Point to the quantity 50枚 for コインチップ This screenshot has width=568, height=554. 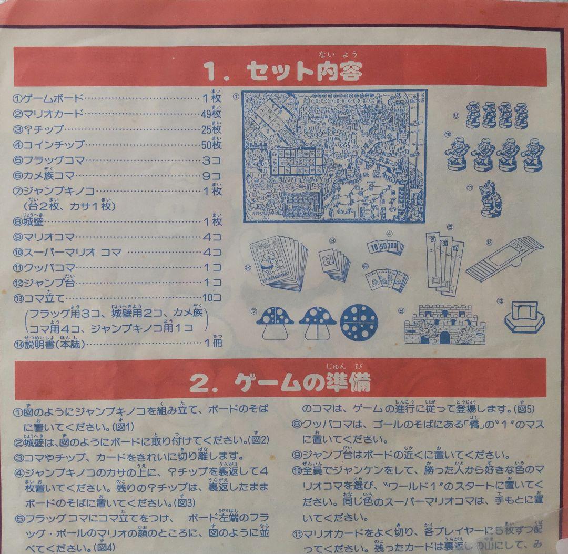211,145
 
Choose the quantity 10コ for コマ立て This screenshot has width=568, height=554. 211,297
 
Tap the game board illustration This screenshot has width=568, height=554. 334,156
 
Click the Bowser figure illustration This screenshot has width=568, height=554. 489,198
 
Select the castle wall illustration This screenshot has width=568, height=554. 448,323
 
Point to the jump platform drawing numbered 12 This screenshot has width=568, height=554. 505,258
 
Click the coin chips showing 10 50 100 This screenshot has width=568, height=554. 385,246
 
